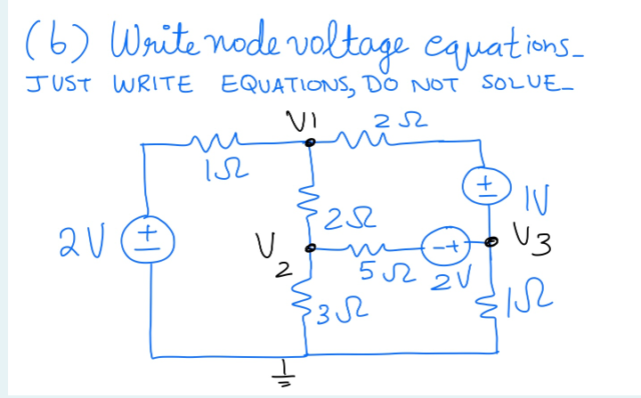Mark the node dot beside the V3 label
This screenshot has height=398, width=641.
[490, 240]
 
